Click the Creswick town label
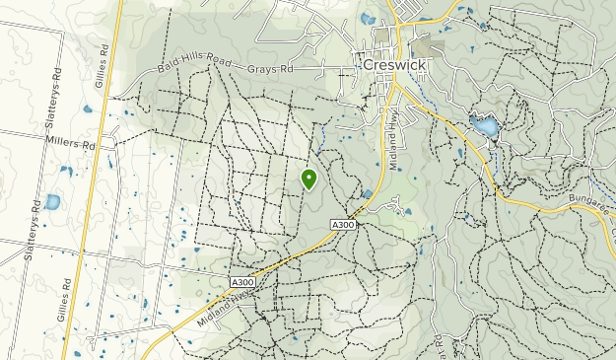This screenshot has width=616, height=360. tap(395, 62)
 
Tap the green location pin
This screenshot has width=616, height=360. tap(308, 179)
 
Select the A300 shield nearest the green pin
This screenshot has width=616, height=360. tap(343, 225)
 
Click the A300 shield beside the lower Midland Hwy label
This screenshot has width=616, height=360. tap(242, 282)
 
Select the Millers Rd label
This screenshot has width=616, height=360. tap(70, 143)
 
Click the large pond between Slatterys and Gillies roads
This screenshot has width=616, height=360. tap(51, 202)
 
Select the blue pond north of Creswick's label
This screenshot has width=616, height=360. tap(368, 18)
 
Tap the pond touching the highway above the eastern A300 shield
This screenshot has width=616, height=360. tap(367, 194)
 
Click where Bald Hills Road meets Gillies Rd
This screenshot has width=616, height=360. tap(111, 98)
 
